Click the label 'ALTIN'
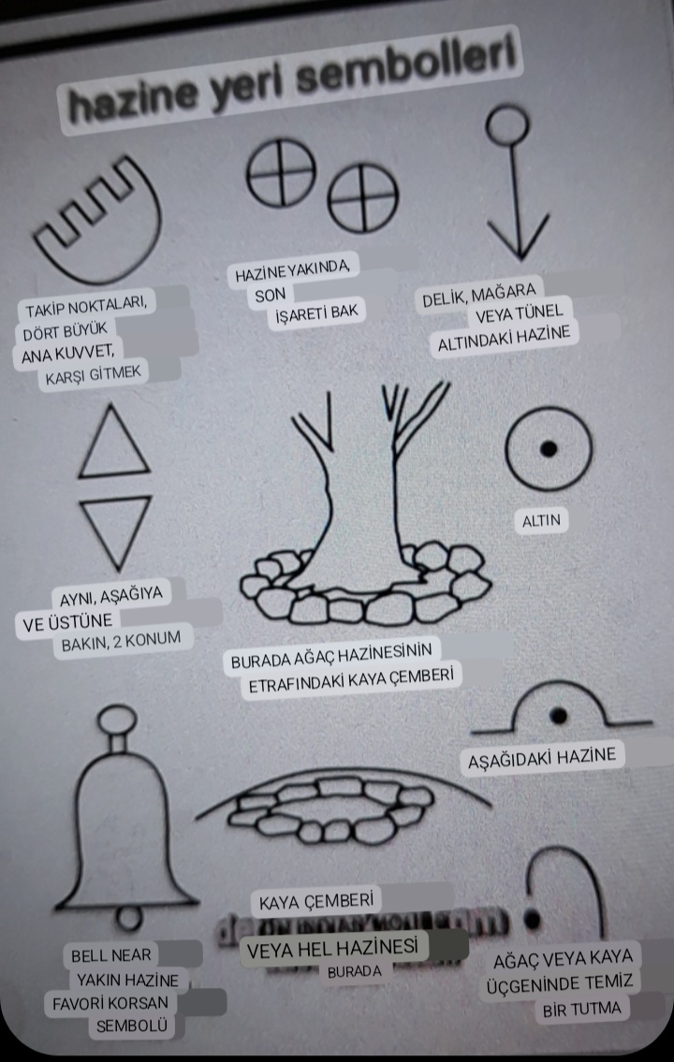542,521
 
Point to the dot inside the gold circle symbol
549,449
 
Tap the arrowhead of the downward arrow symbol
517,239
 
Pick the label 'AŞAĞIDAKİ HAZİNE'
544,758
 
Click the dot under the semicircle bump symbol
559,717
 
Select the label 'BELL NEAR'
111,955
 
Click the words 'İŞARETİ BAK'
317,312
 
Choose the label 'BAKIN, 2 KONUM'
121,643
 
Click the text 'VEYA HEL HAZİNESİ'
330,948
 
